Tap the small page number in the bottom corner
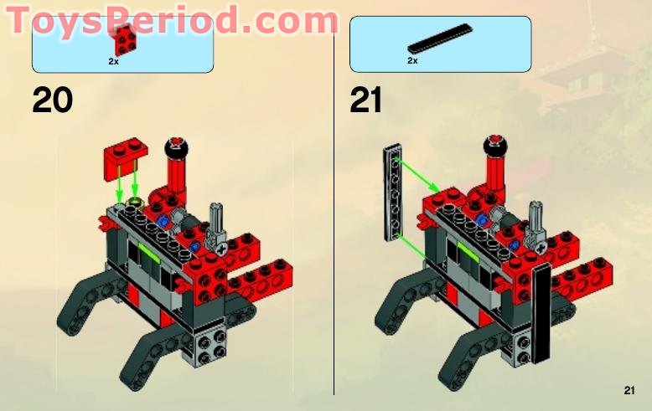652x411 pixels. (x=629, y=390)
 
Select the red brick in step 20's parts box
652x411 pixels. (x=127, y=38)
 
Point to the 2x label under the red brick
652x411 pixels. (x=113, y=61)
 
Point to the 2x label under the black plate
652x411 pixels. (x=412, y=61)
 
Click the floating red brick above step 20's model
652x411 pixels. (x=127, y=159)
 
